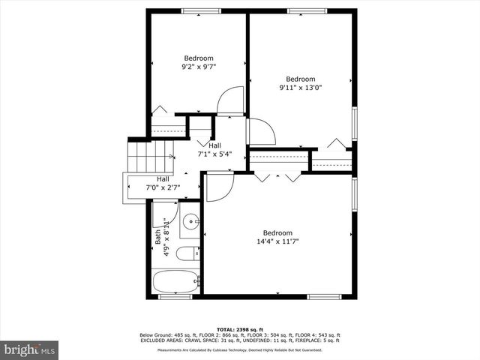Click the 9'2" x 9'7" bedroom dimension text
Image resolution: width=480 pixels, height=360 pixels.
pyautogui.click(x=199, y=67)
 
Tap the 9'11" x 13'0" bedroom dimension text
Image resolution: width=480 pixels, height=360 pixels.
pyautogui.click(x=299, y=88)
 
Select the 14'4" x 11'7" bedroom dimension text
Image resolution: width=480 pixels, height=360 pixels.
pyautogui.click(x=277, y=241)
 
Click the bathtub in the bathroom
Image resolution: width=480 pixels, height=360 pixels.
pyautogui.click(x=175, y=283)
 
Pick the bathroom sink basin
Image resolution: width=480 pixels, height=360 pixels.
pyautogui.click(x=191, y=221)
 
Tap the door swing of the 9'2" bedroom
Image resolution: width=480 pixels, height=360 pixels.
pyautogui.click(x=231, y=101)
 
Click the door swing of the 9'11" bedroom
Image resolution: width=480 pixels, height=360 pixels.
pyautogui.click(x=259, y=132)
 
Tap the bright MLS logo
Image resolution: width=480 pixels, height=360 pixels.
pyautogui.click(x=30, y=349)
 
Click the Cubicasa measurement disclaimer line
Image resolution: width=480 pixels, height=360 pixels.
pyautogui.click(x=239, y=350)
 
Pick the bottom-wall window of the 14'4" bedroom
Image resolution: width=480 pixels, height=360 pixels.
pyautogui.click(x=324, y=297)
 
